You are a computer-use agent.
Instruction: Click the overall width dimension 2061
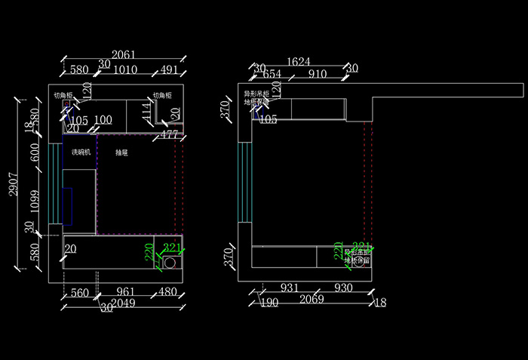tap(124, 54)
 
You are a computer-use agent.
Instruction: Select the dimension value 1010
tap(125, 70)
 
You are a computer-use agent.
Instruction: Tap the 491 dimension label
tap(170, 70)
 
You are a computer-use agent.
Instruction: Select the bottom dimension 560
tap(79, 292)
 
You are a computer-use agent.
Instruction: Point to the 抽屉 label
tap(121, 152)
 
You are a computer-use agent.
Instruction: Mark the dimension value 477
tap(170, 135)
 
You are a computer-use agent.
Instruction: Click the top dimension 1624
tap(298, 61)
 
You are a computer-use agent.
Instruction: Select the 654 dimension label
tap(272, 74)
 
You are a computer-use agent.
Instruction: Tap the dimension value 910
tap(318, 74)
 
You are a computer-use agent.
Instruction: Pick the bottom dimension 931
tap(288, 288)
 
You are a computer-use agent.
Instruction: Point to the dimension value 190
tap(269, 303)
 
